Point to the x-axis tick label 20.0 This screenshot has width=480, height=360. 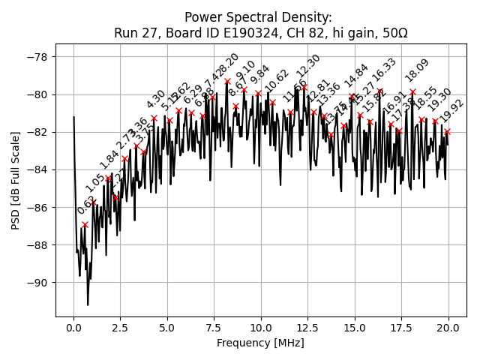coord(448,328)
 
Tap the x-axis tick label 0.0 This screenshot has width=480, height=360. coord(73,328)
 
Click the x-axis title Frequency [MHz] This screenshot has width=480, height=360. coord(261,343)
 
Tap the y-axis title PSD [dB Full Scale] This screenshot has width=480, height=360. coord(15,169)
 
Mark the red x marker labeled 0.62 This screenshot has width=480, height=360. coord(85,224)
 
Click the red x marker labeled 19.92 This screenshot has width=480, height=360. coord(447,131)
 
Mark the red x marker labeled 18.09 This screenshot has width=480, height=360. coord(412,91)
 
